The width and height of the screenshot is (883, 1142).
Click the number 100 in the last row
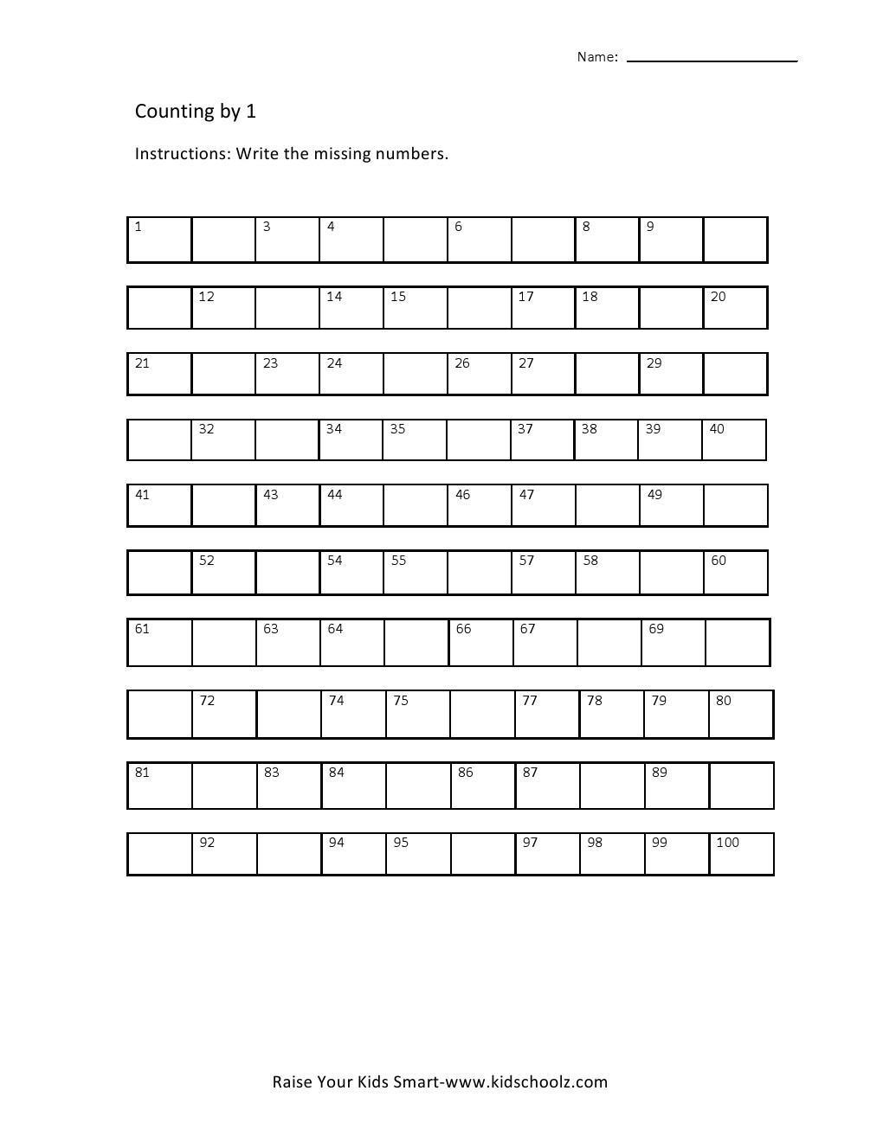(727, 843)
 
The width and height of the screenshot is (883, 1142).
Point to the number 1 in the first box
(138, 227)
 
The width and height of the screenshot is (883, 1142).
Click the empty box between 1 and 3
(223, 240)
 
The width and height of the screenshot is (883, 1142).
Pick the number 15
(398, 297)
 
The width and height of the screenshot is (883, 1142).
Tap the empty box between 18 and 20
(671, 308)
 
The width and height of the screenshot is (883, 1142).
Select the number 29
(654, 363)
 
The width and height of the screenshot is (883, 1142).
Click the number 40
(717, 429)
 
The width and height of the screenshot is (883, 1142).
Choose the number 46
(463, 495)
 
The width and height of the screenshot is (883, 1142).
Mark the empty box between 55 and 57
(479, 573)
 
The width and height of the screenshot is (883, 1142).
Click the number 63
(271, 629)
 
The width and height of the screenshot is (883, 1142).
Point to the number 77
(530, 701)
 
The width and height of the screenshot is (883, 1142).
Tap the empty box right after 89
(741, 786)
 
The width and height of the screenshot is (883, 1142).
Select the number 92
(207, 843)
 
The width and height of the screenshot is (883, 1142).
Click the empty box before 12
(159, 308)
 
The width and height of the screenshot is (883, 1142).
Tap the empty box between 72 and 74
(288, 714)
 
